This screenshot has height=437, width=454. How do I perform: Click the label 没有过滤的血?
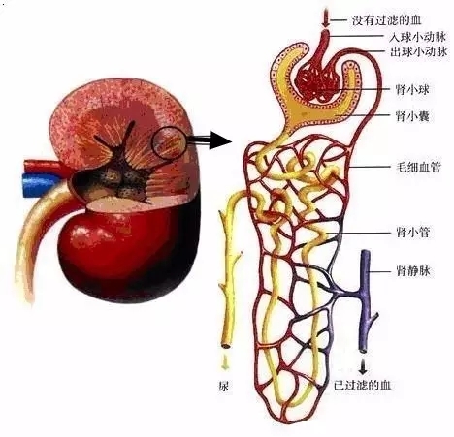point(387,20)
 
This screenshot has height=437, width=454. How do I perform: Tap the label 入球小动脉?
point(418,37)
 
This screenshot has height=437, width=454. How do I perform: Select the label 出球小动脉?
point(418,51)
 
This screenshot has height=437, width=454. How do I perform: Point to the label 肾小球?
point(412,89)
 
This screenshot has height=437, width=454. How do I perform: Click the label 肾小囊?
point(412,115)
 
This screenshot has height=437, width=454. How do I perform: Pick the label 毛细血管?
point(418,167)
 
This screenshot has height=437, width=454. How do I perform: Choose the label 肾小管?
point(413,232)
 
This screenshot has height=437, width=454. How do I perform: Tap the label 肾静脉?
point(413,270)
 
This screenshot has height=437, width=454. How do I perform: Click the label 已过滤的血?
point(363,386)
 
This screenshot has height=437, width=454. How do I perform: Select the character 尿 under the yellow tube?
point(224,387)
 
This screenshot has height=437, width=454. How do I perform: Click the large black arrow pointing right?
point(210,140)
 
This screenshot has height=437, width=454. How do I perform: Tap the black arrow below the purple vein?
point(363,366)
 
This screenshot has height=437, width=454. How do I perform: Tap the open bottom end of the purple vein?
point(363,351)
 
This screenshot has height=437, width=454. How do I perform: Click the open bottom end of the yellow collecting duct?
point(226,346)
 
